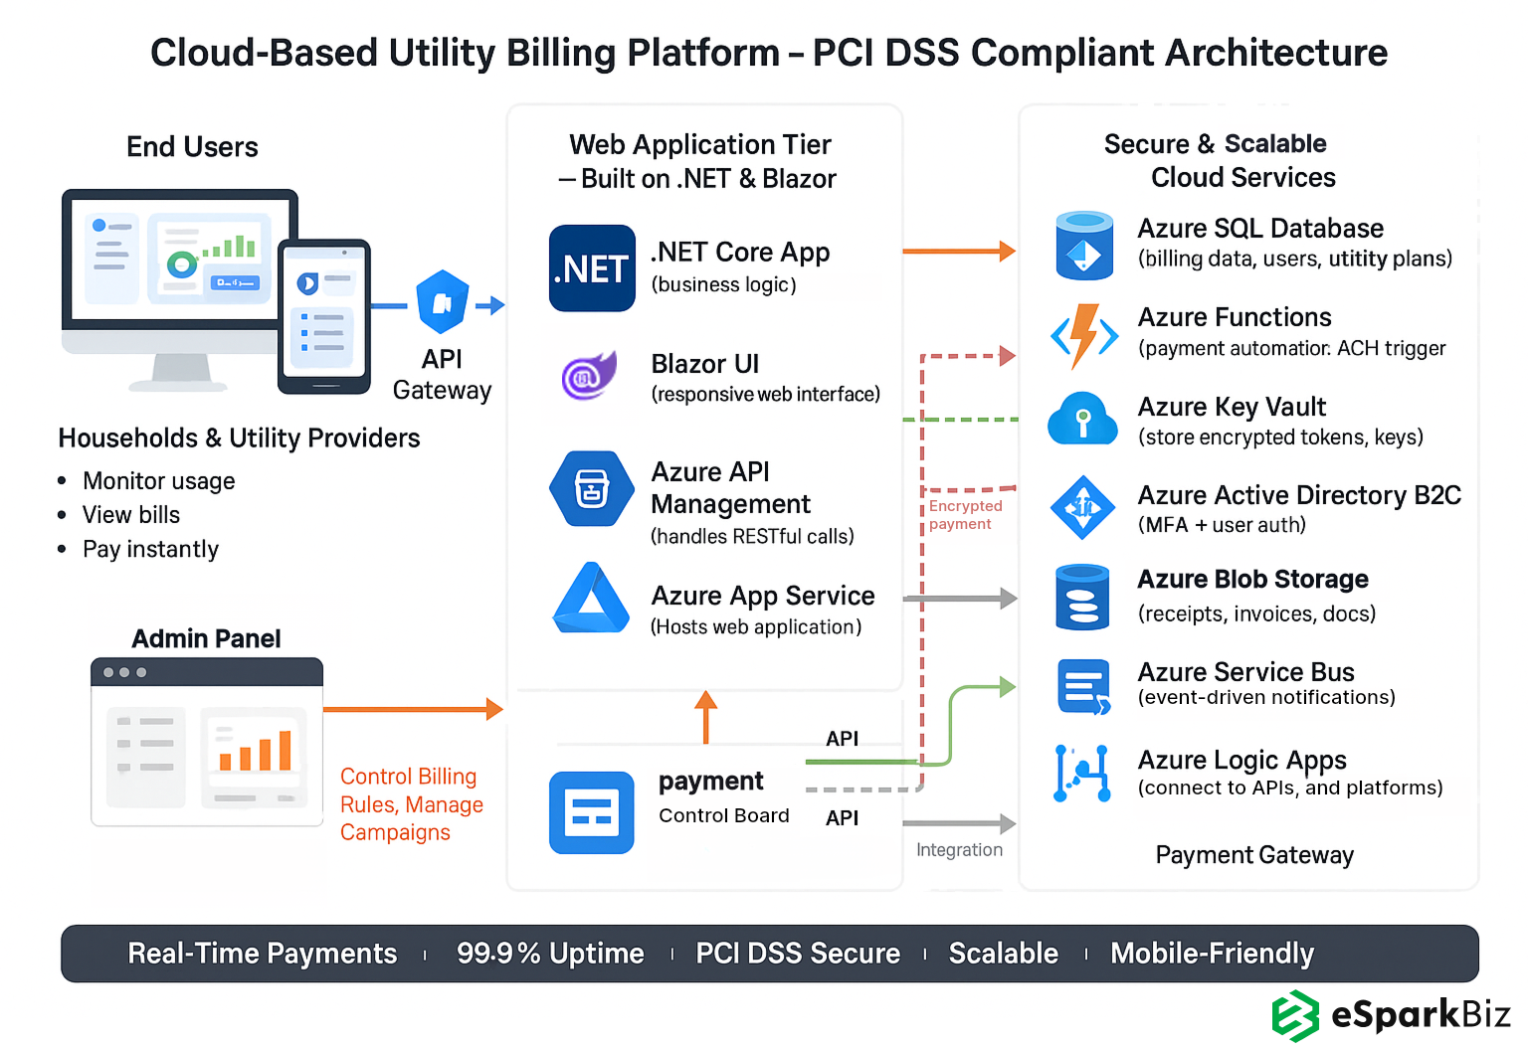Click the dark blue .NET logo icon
(592, 268)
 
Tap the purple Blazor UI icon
(589, 376)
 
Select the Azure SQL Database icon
(1083, 246)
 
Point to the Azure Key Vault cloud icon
(1082, 419)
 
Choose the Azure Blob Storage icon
(1082, 597)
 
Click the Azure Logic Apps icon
(1082, 773)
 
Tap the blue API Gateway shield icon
(443, 302)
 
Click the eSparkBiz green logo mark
(1295, 1015)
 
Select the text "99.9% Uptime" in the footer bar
(550, 954)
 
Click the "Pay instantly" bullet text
(150, 549)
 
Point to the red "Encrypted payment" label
(964, 514)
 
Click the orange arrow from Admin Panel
(413, 709)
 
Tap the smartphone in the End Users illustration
(324, 316)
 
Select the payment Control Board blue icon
(591, 812)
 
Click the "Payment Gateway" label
(1253, 855)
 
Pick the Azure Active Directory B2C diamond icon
(1082, 507)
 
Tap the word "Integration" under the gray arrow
(959, 849)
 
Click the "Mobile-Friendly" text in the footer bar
(1212, 954)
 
